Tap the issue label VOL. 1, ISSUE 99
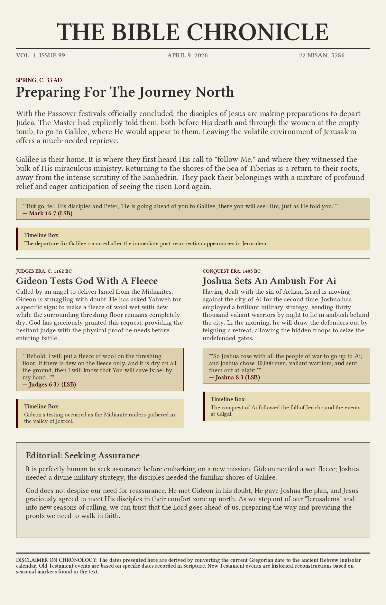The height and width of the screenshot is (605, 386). (41, 55)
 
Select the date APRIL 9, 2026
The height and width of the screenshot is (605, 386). (188, 55)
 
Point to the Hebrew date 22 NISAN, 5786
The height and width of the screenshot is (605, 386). (322, 55)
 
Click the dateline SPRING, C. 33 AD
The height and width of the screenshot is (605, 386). (39, 80)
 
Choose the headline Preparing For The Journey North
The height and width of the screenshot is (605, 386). (125, 92)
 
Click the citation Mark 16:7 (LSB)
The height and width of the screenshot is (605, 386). (51, 213)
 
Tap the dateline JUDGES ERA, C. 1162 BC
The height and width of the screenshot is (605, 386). (42, 271)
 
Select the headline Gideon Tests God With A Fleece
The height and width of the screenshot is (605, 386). (87, 281)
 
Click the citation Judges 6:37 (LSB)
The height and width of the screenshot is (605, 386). (52, 384)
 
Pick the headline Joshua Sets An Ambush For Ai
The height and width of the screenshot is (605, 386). (269, 281)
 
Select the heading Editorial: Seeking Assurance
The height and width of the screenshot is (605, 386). (83, 455)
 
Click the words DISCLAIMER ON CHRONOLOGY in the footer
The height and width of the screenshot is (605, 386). (56, 560)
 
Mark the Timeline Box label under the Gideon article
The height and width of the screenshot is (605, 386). (42, 406)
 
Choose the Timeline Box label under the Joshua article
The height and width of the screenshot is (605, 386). (228, 399)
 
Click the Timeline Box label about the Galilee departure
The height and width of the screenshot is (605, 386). (42, 235)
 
